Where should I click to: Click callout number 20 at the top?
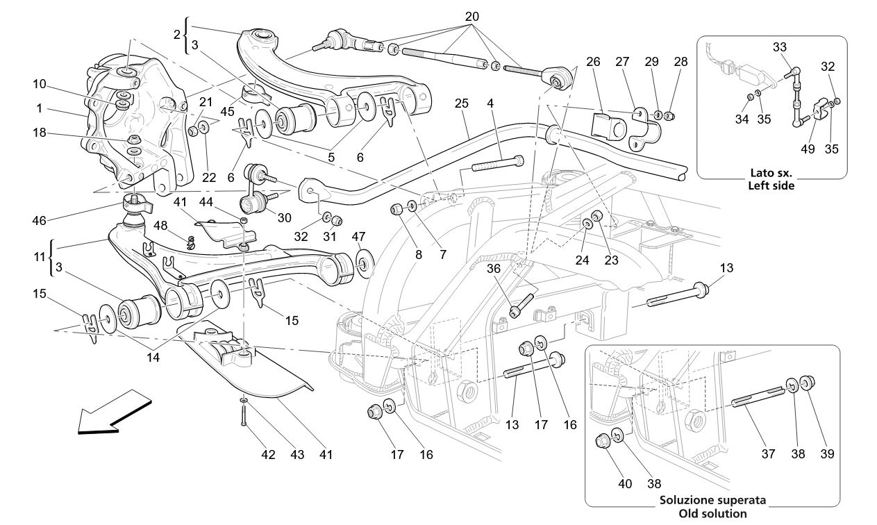471,16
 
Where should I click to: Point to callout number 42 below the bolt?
268,455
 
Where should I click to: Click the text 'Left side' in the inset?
771,185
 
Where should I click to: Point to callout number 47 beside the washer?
358,237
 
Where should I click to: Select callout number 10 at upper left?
39,85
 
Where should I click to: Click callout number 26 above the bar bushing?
592,61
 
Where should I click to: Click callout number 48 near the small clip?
160,226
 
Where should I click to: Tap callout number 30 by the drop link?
284,217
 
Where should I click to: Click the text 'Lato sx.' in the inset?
771,173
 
